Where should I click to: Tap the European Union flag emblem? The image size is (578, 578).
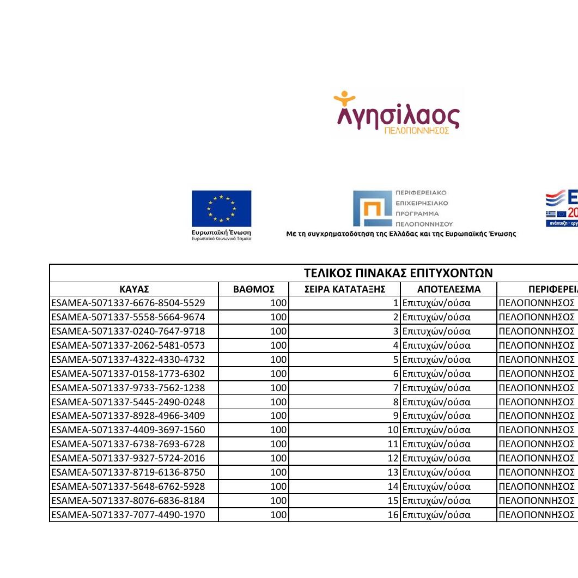pyautogui.click(x=221, y=209)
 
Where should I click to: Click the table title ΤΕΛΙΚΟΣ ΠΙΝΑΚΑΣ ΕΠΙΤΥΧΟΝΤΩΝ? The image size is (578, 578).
pyautogui.click(x=398, y=273)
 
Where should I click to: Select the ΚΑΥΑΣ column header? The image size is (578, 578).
pyautogui.click(x=133, y=289)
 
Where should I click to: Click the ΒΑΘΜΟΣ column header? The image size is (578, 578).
pyautogui.click(x=253, y=289)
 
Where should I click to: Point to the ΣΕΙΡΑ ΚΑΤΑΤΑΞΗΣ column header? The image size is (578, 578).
pyautogui.click(x=345, y=289)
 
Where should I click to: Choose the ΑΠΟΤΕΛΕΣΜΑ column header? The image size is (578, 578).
pyautogui.click(x=449, y=289)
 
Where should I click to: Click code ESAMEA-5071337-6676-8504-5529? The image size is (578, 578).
pyautogui.click(x=129, y=303)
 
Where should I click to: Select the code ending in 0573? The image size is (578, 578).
pyautogui.click(x=129, y=345)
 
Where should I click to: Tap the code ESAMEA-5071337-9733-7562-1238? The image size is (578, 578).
pyautogui.click(x=129, y=388)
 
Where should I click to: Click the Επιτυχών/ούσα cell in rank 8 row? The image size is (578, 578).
pyautogui.click(x=436, y=402)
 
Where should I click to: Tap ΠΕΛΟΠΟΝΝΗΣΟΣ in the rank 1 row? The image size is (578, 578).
pyautogui.click(x=537, y=303)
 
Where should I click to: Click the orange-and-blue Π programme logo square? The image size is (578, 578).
pyautogui.click(x=373, y=209)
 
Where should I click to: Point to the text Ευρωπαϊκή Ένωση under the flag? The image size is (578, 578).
pyautogui.click(x=221, y=233)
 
